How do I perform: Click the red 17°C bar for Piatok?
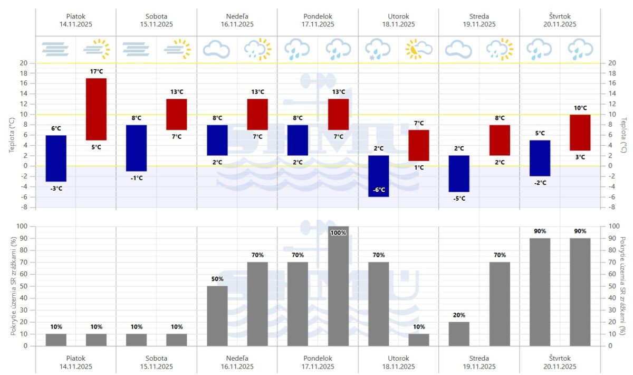96,109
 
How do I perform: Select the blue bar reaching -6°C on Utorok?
378,176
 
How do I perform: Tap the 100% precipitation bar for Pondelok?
338,286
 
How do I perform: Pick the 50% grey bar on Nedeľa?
217,316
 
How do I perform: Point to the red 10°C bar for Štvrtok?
580,133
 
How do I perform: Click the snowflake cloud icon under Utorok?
378,49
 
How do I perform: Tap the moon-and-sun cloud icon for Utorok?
418,49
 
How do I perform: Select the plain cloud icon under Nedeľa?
217,49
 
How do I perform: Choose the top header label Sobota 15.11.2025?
156,20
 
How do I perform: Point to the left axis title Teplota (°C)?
12,135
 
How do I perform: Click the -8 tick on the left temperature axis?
24,207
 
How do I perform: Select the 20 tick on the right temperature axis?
612,63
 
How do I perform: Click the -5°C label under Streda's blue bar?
459,199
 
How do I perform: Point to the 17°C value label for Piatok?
96,71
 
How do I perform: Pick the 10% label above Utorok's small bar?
418,327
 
